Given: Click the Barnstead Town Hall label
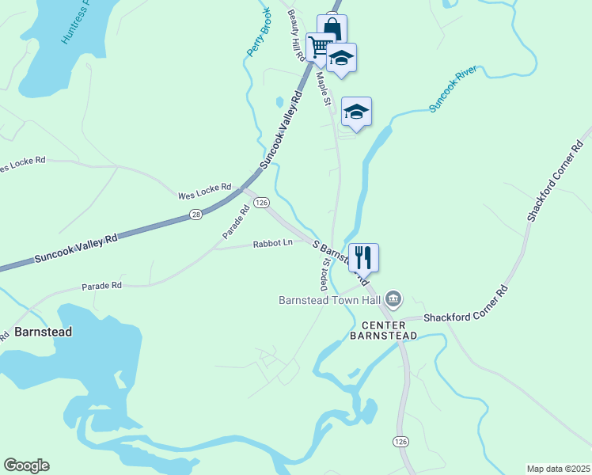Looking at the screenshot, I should (330, 300).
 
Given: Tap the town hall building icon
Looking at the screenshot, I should (393, 299).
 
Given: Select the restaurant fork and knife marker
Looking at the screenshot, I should (363, 257).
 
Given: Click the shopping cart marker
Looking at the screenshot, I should (319, 47).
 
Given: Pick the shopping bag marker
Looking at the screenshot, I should (333, 28).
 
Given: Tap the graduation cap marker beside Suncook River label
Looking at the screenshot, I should (356, 112).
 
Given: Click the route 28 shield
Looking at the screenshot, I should (196, 214).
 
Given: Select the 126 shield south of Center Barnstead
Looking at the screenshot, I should (400, 440).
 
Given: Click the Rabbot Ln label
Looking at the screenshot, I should (273, 244).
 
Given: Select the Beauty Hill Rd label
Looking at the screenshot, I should (296, 36).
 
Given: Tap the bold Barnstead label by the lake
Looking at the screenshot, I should (43, 332).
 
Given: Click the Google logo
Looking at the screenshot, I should (26, 465).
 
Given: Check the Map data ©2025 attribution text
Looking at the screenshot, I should (557, 469).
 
